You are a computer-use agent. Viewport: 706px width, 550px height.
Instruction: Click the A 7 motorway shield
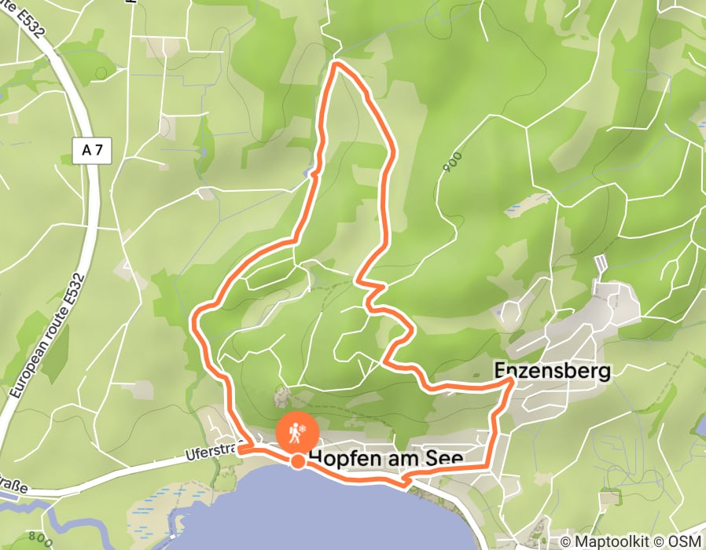[93, 151]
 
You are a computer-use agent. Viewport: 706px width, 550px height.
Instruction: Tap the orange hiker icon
[298, 431]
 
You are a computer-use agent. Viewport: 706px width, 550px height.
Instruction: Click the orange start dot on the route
[298, 461]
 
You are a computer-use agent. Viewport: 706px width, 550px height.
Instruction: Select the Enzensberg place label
[552, 370]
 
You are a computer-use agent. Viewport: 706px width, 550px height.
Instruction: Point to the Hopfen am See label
[385, 457]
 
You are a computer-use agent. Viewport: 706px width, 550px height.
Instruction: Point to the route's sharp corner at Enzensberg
[514, 379]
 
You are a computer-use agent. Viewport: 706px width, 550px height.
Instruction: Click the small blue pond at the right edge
[700, 425]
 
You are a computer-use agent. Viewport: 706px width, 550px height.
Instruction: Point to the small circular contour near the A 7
[101, 73]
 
